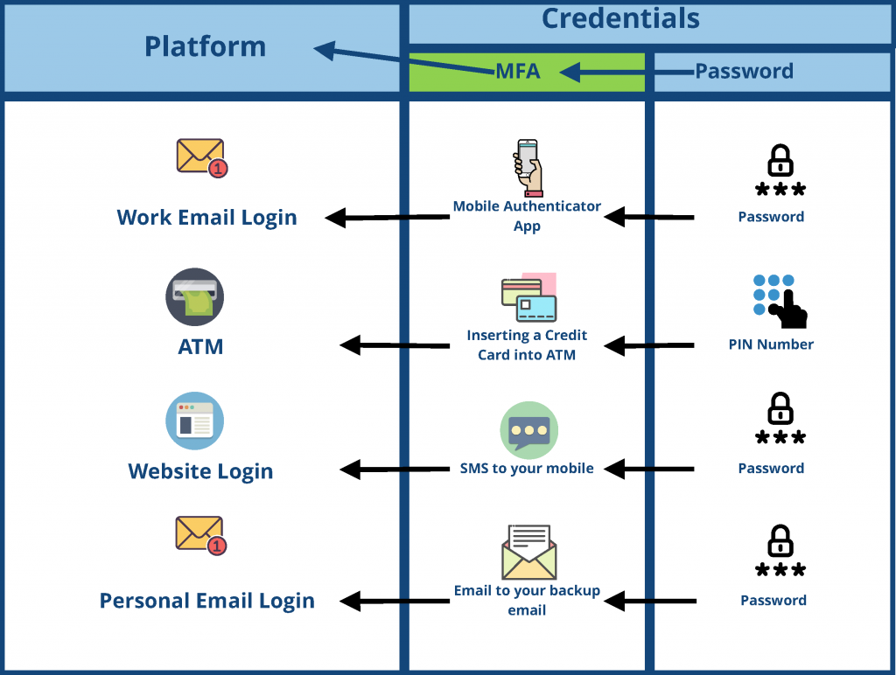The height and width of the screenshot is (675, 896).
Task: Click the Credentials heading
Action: [620, 18]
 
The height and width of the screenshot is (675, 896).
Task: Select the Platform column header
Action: [205, 46]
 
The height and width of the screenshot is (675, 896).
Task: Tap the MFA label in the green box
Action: [518, 72]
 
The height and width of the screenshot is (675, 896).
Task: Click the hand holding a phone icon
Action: [528, 167]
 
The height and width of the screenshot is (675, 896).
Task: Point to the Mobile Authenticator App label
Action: [527, 216]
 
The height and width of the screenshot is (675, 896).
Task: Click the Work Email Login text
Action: [207, 218]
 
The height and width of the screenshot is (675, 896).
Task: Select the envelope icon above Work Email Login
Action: [201, 157]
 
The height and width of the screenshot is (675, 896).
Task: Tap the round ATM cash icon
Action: [194, 297]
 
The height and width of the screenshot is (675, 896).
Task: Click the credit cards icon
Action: [528, 298]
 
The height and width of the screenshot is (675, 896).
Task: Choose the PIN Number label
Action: [771, 344]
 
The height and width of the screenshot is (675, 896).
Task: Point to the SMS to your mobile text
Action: [527, 469]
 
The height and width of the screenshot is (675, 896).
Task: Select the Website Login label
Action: [200, 471]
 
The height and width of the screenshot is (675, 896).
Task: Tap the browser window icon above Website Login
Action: [194, 421]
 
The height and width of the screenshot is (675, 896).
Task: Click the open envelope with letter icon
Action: [528, 553]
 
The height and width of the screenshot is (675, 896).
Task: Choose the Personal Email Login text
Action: [207, 601]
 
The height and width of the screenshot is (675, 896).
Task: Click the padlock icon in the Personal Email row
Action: [780, 541]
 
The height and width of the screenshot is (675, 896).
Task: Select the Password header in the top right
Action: [744, 72]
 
